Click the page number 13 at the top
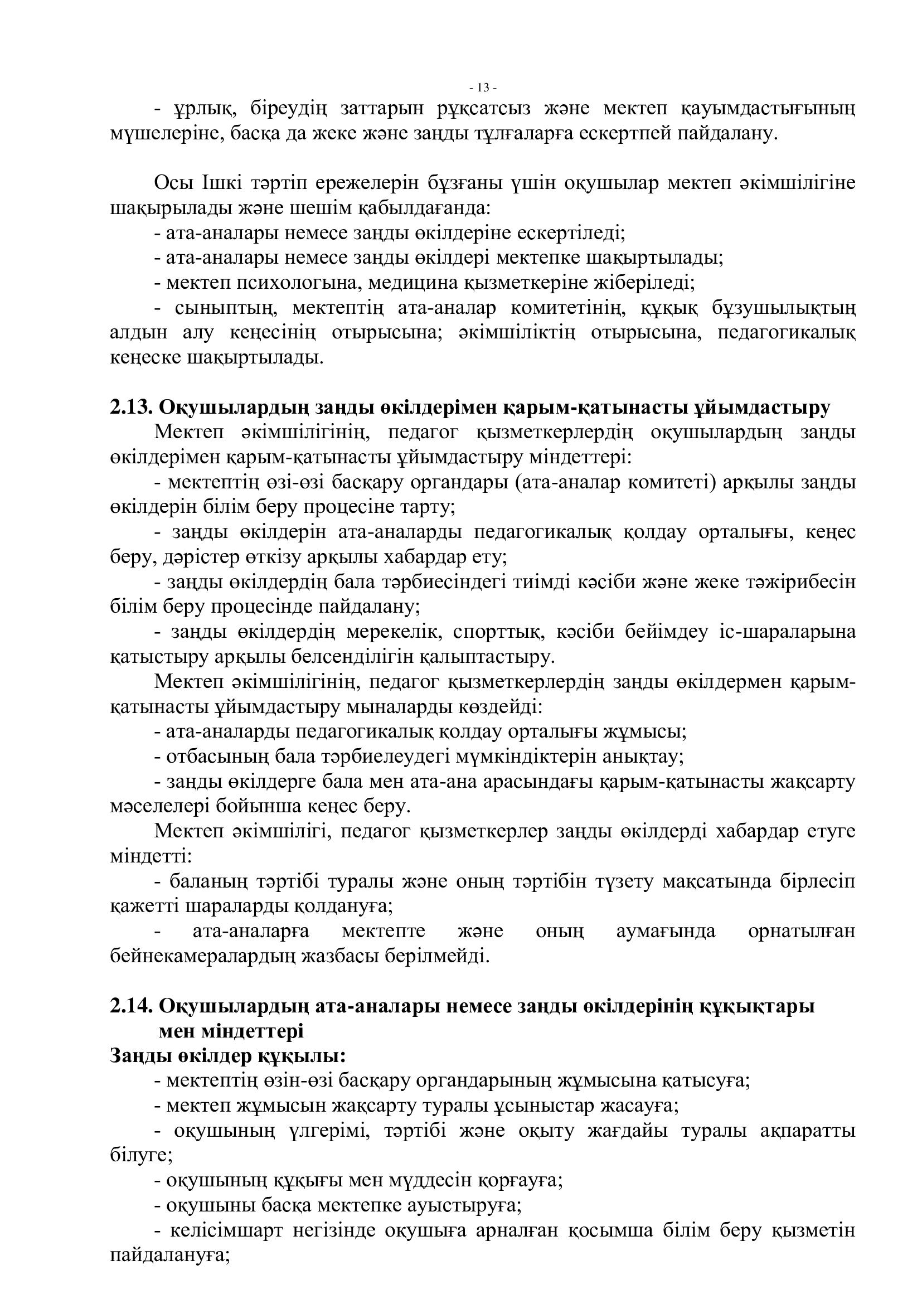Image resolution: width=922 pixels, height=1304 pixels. pos(483,88)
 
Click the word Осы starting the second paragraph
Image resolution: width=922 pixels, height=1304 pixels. pos(173,184)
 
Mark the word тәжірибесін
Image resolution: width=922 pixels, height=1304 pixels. pos(798,582)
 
